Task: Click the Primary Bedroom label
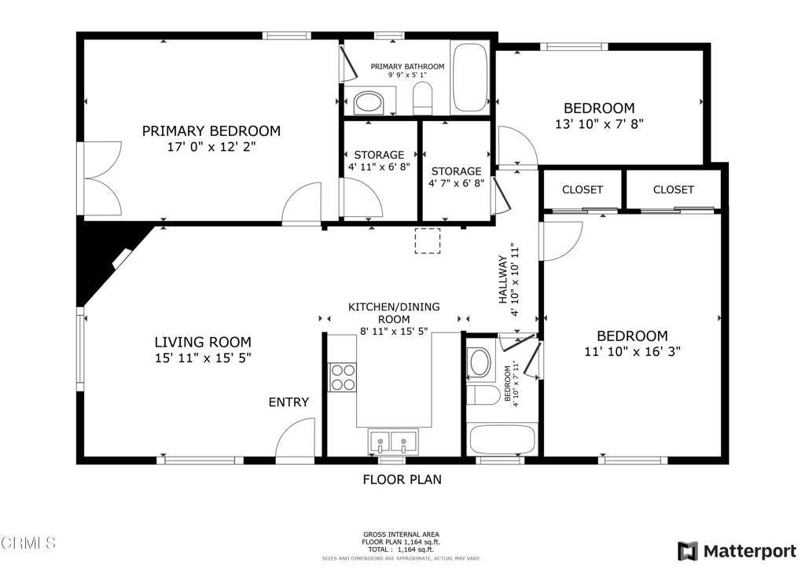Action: [211, 131]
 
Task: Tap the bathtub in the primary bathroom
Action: [469, 79]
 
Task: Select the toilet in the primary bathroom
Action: [423, 99]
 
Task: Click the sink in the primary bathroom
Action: [367, 102]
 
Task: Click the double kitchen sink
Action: [391, 442]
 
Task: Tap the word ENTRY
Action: [289, 402]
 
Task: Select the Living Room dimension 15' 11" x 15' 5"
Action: [203, 358]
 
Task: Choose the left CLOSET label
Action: [583, 189]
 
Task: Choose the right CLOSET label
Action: [674, 189]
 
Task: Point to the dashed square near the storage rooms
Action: [428, 240]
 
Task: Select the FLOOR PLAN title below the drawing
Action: [402, 479]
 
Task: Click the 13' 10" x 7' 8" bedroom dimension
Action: [599, 123]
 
